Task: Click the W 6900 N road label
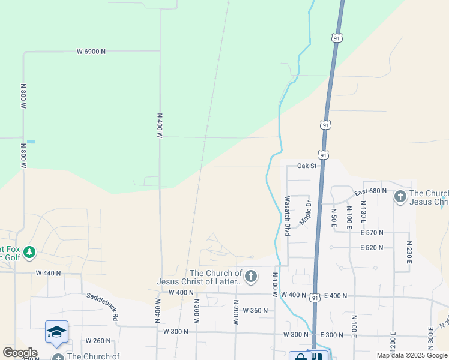91,52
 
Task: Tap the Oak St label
306,166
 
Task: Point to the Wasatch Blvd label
288,215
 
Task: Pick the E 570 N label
372,232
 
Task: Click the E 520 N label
372,248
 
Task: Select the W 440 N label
49,273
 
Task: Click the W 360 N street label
255,310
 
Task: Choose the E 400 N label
336,296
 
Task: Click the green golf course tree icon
28,252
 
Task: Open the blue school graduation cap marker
56,332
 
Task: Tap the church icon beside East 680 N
400,196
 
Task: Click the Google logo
19,353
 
